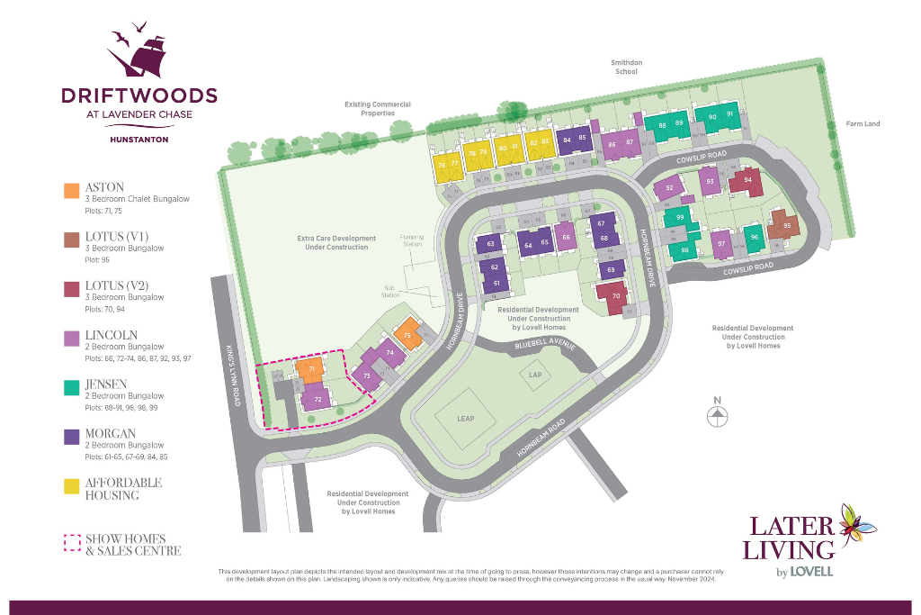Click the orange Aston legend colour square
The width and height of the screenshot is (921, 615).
(71, 190)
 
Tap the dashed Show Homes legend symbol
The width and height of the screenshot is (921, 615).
(71, 543)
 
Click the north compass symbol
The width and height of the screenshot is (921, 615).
(717, 415)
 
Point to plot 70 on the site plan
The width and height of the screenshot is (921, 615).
(616, 296)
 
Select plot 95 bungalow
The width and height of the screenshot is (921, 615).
(786, 225)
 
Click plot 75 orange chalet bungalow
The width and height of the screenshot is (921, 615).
(407, 335)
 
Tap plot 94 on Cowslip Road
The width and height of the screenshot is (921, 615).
(747, 180)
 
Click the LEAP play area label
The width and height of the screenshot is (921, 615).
(464, 419)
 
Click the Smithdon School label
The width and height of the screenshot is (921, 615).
(627, 67)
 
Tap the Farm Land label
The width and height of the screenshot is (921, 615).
(863, 123)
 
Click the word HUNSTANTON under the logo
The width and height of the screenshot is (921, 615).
(139, 139)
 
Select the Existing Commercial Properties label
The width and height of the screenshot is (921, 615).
(378, 109)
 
